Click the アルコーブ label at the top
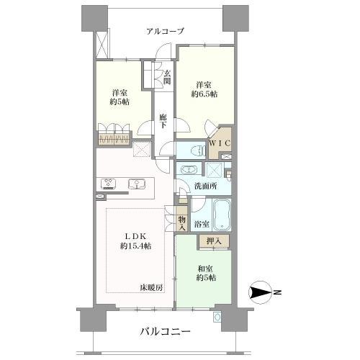(165, 31)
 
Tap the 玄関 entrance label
(167, 77)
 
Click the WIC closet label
(219, 143)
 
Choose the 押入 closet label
(214, 241)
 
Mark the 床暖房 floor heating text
(151, 287)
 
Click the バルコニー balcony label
(165, 332)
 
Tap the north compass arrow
(261, 292)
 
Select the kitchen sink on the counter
(135, 184)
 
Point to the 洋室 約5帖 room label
(120, 96)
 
